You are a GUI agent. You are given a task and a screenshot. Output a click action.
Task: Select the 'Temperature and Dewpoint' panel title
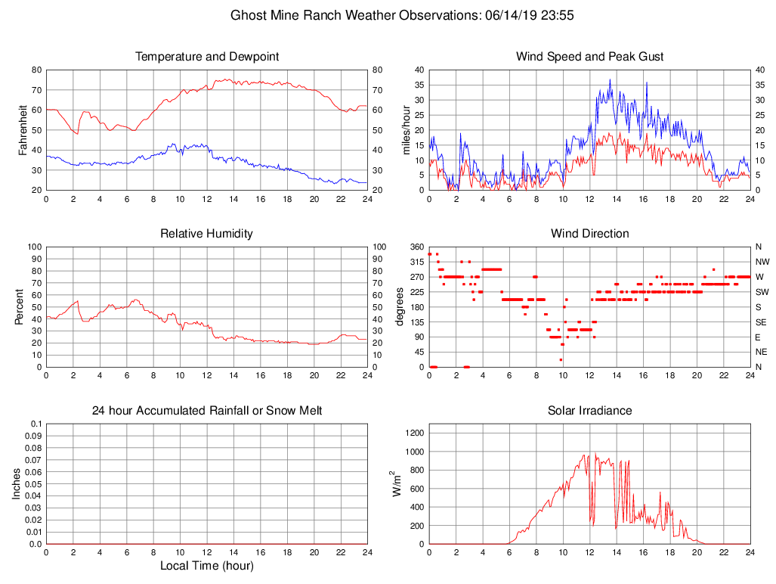207,57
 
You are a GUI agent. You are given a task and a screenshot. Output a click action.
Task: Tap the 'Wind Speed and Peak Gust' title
590,57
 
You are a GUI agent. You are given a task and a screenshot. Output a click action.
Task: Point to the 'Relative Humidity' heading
207,234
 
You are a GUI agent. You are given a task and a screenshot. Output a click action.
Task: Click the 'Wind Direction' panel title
590,234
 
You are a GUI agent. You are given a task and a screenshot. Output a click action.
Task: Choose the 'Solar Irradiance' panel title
590,411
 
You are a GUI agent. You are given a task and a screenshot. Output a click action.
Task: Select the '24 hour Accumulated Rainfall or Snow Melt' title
207,411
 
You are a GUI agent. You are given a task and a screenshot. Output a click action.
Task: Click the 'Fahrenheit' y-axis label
23,130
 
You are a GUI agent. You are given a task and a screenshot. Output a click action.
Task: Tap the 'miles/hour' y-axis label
407,130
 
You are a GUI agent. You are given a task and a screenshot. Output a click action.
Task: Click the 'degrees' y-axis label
400,307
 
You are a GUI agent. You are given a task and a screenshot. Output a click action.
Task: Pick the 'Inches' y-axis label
17,484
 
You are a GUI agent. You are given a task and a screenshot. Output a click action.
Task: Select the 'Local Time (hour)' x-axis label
207,566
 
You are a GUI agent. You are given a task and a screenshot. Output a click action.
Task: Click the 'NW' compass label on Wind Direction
762,262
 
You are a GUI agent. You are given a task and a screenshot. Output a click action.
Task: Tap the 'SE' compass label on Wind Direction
761,322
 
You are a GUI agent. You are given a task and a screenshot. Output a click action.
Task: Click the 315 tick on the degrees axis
416,262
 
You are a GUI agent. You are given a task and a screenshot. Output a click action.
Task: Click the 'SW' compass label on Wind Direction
762,292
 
